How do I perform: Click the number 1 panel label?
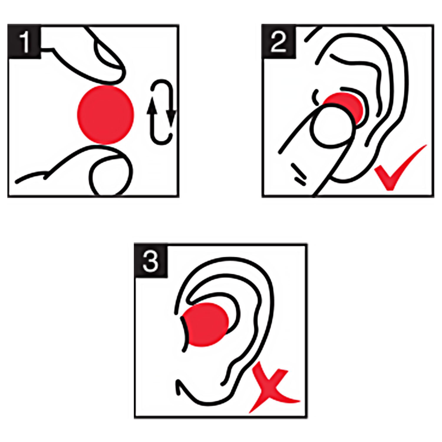coord(24,42)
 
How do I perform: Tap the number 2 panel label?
coord(279,42)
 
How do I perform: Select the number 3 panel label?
coord(151,260)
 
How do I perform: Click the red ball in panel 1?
coord(105,115)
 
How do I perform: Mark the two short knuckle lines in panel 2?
coord(299,175)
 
